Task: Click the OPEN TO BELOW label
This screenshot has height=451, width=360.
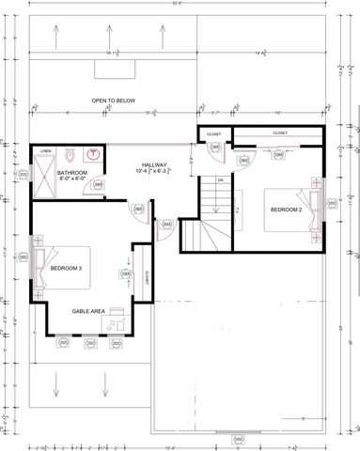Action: coord(110,100)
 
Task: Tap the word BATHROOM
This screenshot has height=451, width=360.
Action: coord(71,174)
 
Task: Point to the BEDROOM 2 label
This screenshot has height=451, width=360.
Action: coord(285,210)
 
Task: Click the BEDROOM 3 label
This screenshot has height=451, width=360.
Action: coord(67,269)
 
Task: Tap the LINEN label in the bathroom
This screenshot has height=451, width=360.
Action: coord(45,150)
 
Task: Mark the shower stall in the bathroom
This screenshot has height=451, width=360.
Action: coord(44,171)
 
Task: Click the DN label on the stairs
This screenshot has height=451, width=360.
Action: coord(220,179)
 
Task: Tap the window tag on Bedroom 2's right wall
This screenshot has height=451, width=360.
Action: coord(330,202)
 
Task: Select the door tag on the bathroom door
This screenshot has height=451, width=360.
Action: coord(99,185)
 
